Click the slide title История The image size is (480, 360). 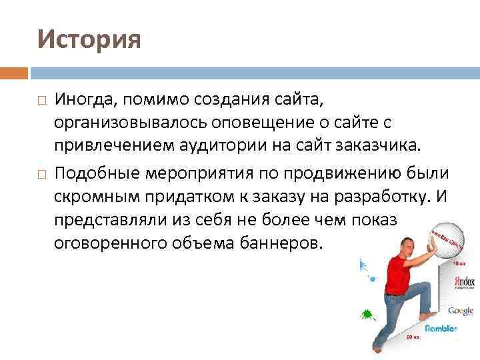(89, 39)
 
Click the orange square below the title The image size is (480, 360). (14, 73)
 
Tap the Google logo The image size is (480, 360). (461, 311)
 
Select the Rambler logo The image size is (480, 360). (441, 328)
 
